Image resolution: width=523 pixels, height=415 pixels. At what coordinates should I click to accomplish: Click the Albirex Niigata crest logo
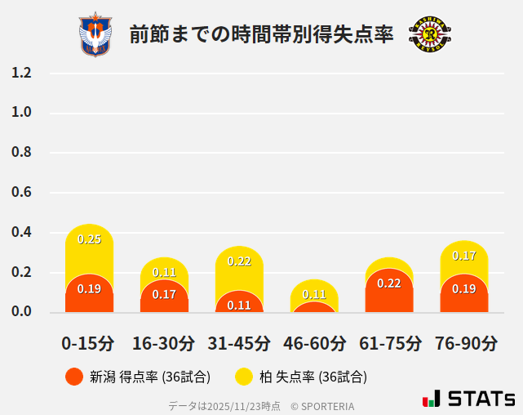(95, 34)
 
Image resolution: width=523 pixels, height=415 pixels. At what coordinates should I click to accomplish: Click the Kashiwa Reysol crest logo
(429, 34)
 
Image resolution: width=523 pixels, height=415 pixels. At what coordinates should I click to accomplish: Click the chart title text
(261, 34)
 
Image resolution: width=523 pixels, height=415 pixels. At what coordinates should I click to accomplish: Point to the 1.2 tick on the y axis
(22, 73)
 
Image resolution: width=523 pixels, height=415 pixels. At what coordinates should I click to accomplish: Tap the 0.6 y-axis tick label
(22, 193)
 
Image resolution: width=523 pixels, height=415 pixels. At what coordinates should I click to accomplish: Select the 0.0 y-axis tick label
(22, 312)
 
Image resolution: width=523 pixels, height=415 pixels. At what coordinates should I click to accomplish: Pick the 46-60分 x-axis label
(313, 343)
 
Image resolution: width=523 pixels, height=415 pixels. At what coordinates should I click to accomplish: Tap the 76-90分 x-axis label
(464, 343)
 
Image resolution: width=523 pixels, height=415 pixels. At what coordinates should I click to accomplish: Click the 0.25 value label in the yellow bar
(89, 239)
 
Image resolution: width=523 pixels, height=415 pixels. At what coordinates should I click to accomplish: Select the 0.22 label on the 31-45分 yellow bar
(239, 261)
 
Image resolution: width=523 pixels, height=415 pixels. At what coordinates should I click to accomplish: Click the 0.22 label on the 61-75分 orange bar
(389, 283)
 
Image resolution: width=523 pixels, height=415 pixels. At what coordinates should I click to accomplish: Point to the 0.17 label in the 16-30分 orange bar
(164, 294)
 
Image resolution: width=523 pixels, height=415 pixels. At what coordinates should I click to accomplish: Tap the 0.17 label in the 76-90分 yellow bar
(464, 256)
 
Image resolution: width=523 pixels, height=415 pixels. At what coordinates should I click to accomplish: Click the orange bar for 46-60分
(314, 307)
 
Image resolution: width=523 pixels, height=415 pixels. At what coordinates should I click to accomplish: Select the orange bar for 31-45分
(239, 302)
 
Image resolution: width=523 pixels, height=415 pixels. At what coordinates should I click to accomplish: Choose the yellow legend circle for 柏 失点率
(244, 377)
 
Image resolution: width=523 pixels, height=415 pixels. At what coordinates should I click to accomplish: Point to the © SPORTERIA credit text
(323, 405)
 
